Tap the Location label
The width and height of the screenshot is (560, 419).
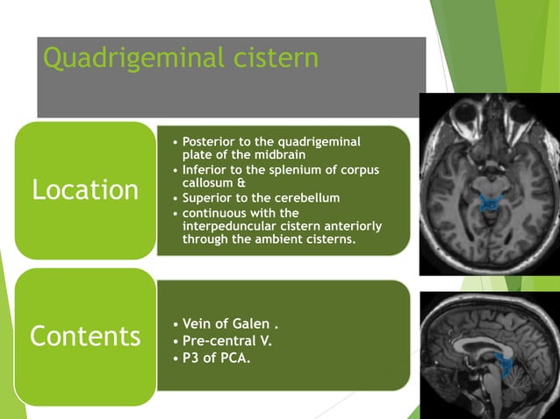[x=85, y=190]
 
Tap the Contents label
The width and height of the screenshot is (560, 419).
[x=85, y=336]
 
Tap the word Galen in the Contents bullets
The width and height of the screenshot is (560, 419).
[x=254, y=325]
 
